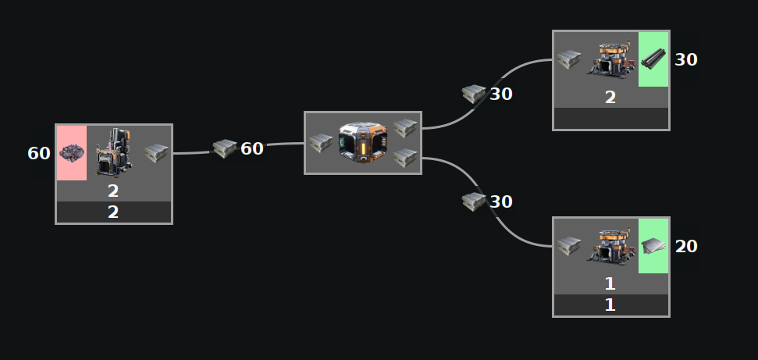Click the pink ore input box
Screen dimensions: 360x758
click(72, 153)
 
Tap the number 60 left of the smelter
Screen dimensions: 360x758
click(39, 153)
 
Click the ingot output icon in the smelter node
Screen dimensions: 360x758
click(156, 152)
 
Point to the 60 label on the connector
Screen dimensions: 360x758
click(252, 148)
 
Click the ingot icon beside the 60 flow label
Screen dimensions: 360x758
click(225, 148)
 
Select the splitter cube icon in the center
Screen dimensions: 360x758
click(363, 142)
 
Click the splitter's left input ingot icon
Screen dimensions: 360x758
click(321, 143)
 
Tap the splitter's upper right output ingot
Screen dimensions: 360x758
click(404, 127)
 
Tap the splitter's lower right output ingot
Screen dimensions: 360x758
click(404, 157)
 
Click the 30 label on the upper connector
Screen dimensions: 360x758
click(500, 94)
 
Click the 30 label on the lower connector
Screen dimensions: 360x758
click(500, 201)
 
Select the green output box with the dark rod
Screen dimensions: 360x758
click(653, 59)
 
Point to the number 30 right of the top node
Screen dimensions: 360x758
click(685, 59)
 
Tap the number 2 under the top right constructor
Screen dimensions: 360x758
click(610, 98)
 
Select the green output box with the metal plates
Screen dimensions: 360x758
click(653, 246)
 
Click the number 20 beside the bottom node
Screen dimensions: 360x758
click(685, 246)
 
